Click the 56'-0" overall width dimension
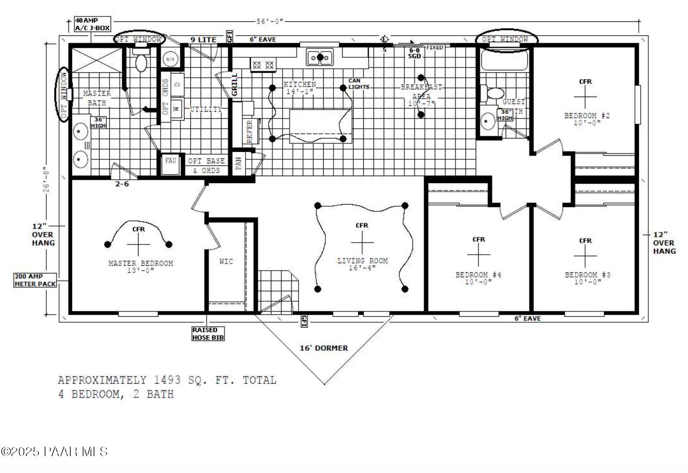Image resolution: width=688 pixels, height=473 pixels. [x=270, y=21]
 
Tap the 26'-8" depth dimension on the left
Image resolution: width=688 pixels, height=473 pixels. [x=46, y=181]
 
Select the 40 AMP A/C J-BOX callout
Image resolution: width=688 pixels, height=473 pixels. [x=92, y=24]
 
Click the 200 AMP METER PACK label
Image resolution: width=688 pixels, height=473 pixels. [x=35, y=280]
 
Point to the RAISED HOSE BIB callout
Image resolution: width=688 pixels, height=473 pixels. [x=208, y=334]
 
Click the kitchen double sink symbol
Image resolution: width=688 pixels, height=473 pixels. [x=320, y=57]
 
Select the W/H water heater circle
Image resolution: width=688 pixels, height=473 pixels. [x=170, y=59]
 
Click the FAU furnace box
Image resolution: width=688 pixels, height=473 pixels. [x=170, y=163]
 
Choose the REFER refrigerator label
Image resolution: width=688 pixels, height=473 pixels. [x=250, y=131]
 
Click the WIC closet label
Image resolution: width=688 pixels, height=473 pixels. [x=226, y=261]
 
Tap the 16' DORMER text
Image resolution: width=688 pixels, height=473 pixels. [x=324, y=348]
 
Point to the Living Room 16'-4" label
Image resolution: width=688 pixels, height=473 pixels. [x=362, y=264]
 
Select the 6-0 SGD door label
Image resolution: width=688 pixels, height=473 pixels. [x=415, y=53]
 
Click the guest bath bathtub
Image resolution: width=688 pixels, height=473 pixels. [x=505, y=60]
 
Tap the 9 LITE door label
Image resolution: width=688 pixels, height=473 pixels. [x=203, y=40]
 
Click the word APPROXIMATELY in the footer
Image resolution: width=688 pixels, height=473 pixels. [x=102, y=380]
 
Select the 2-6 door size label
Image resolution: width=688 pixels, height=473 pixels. [x=122, y=184]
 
